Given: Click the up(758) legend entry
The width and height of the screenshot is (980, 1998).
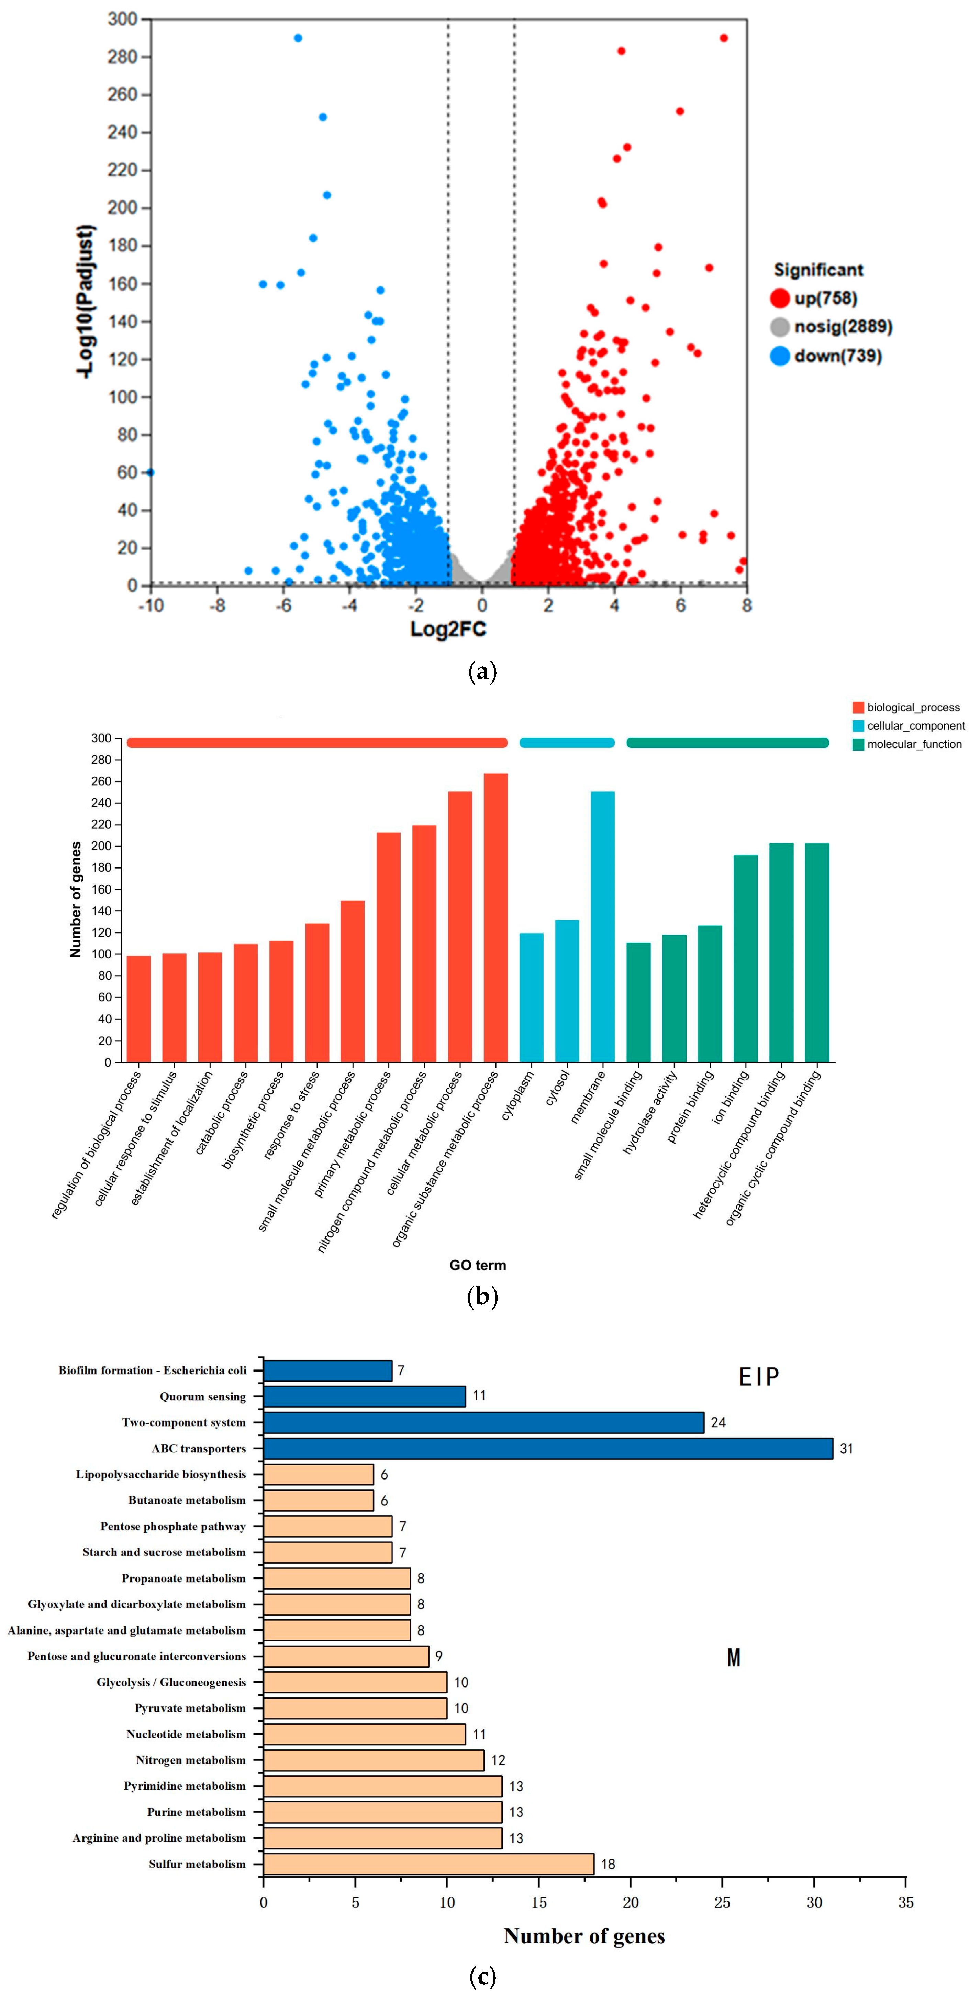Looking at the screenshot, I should pyautogui.click(x=824, y=298).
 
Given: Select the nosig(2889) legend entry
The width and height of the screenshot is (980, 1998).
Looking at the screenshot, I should pyautogui.click(x=841, y=327).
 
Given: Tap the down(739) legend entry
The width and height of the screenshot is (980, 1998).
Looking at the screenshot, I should pyautogui.click(x=837, y=356).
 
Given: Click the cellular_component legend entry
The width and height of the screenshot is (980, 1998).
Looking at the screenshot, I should pyautogui.click(x=915, y=726).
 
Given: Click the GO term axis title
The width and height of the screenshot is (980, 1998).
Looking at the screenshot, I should pyautogui.click(x=478, y=1265).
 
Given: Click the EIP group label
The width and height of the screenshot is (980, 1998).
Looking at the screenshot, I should pyautogui.click(x=758, y=1377).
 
